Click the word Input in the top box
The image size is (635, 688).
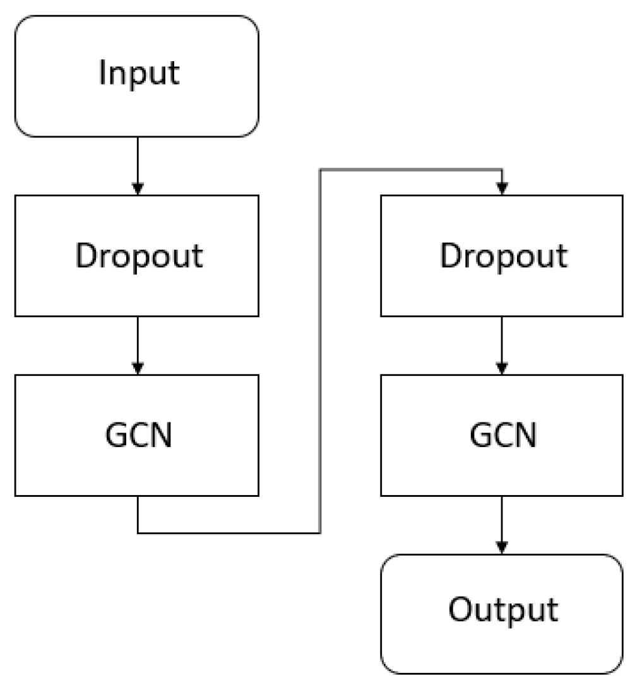coord(139,74)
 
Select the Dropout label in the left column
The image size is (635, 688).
coord(139,256)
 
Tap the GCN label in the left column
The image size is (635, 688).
coord(139,434)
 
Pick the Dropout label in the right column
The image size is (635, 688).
coord(504,256)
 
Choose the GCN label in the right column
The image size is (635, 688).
coord(504,434)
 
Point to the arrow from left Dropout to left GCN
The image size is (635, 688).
coord(138,344)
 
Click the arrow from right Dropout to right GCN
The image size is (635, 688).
coord(502,344)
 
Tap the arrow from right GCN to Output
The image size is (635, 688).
coord(502,523)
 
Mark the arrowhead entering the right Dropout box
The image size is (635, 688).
coord(502,189)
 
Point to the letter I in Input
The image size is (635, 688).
coord(102,73)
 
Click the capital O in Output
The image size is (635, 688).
coord(460,609)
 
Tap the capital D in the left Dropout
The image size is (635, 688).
coord(86,255)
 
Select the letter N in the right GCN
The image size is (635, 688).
coord(526,434)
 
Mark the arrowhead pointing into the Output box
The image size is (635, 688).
coord(502,547)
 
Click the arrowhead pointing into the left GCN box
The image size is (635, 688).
coord(138,368)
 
